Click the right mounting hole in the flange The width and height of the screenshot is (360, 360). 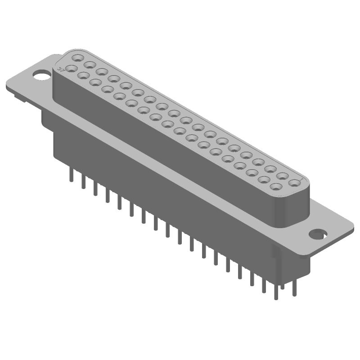tap(318, 234)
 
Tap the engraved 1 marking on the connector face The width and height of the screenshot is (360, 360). tap(300, 178)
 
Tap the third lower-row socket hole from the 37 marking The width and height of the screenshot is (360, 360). tap(95, 82)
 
